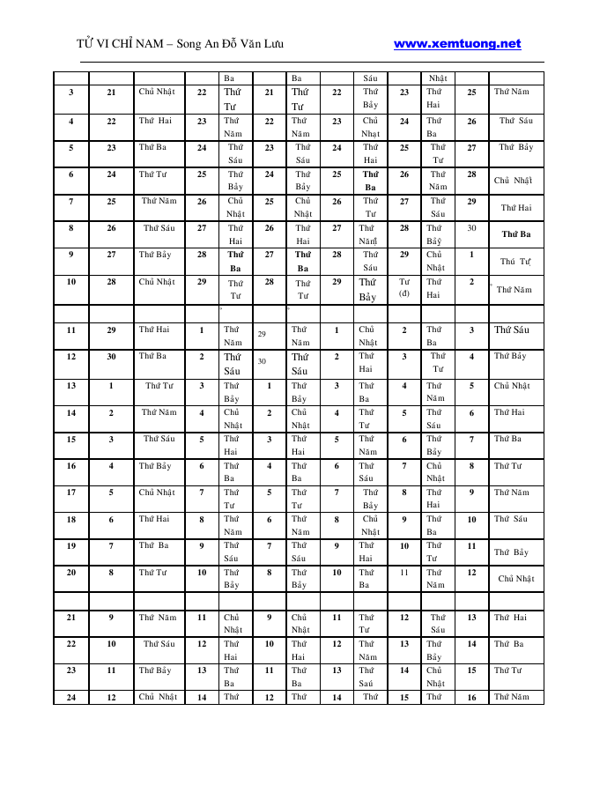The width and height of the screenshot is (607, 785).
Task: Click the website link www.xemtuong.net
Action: (457, 43)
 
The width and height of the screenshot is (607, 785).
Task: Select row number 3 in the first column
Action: (70, 92)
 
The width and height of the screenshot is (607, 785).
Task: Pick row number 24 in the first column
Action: (70, 697)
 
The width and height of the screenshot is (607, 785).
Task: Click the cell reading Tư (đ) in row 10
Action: (404, 287)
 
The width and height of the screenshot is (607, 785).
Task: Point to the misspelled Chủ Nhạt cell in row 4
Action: (370, 128)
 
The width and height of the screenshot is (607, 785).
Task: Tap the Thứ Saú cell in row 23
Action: (367, 677)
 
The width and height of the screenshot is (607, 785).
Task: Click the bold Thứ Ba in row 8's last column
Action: (516, 234)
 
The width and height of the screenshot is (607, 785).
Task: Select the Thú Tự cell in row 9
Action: (515, 262)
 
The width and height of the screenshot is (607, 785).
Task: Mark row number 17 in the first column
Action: (70, 492)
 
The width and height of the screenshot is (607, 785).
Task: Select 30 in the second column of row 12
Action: (111, 357)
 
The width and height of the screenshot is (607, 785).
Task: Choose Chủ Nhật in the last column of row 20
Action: (516, 579)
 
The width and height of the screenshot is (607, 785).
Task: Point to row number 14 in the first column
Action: (70, 412)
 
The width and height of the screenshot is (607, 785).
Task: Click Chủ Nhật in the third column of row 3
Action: (158, 92)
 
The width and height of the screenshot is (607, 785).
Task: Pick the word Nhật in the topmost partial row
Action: (438, 78)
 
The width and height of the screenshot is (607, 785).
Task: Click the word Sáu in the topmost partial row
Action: (370, 78)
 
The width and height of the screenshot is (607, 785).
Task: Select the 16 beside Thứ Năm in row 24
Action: (471, 697)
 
